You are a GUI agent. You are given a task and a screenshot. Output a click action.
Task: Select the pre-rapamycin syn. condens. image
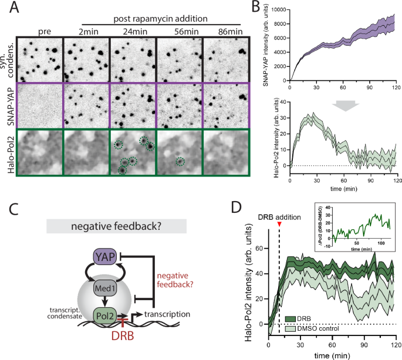(39, 59)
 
